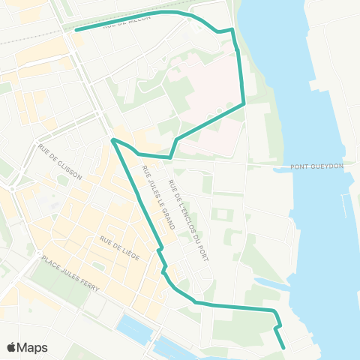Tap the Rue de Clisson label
[60, 160]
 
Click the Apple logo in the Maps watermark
[12, 346]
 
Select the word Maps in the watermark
[33, 347]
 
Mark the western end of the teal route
[76, 30]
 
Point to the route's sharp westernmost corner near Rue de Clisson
[112, 139]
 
